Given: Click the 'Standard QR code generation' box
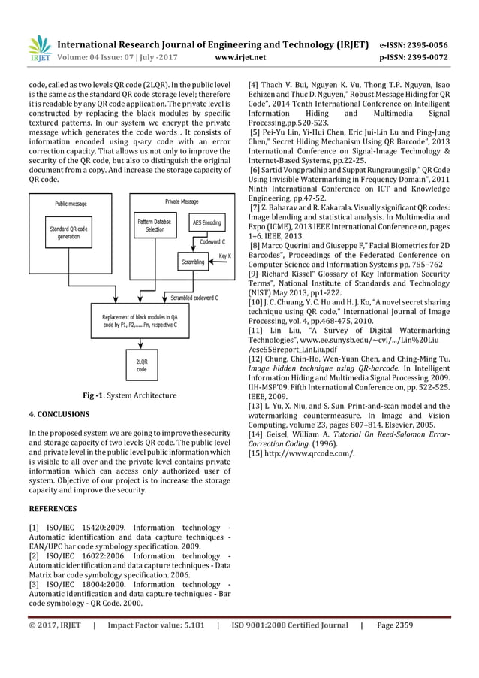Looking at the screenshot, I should [x=69, y=232].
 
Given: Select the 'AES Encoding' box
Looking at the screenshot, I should [x=206, y=223].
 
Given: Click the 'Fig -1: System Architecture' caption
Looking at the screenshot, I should [x=130, y=395].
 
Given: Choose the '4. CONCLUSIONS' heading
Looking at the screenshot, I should [x=59, y=414].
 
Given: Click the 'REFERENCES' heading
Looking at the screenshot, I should [x=53, y=508].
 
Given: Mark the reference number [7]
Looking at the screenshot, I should [x=255, y=227].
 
